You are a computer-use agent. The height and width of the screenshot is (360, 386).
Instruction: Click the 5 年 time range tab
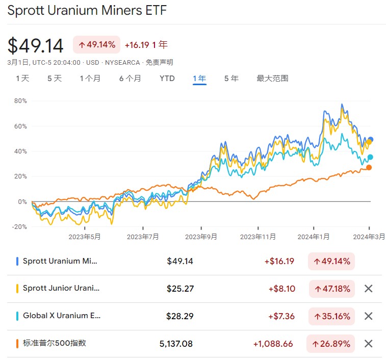tap(231, 79)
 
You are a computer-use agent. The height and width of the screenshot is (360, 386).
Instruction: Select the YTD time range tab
tap(167, 79)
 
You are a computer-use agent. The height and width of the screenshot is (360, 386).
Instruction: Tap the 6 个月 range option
tap(130, 79)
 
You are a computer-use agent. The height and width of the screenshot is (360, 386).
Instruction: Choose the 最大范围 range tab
tap(272, 79)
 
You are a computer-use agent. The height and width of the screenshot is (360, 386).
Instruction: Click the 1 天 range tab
tap(22, 79)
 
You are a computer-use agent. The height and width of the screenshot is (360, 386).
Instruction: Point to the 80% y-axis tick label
tap(20, 101)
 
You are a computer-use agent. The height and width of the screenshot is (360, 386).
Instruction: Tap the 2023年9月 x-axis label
tap(201, 237)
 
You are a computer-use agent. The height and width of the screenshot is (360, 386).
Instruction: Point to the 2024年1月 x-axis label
tap(314, 237)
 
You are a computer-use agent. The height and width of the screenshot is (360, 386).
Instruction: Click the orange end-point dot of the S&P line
tap(369, 168)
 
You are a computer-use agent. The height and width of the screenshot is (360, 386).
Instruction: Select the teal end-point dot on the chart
tap(370, 157)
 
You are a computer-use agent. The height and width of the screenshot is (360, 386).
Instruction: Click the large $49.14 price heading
tap(36, 46)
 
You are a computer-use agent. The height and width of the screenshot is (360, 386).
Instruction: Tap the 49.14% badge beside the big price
tap(97, 45)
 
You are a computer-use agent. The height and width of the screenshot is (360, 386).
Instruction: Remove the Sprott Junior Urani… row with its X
tap(369, 289)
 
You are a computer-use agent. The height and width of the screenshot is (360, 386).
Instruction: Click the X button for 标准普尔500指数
tap(369, 344)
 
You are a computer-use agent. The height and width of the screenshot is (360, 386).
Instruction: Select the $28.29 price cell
tap(180, 316)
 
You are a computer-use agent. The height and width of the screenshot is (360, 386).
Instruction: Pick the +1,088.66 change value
tap(273, 344)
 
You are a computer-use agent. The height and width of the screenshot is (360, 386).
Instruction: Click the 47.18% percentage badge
tap(332, 289)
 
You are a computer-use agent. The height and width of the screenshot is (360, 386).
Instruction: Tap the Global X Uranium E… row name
tap(62, 316)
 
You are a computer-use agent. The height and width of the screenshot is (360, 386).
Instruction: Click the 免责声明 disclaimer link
tap(159, 63)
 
